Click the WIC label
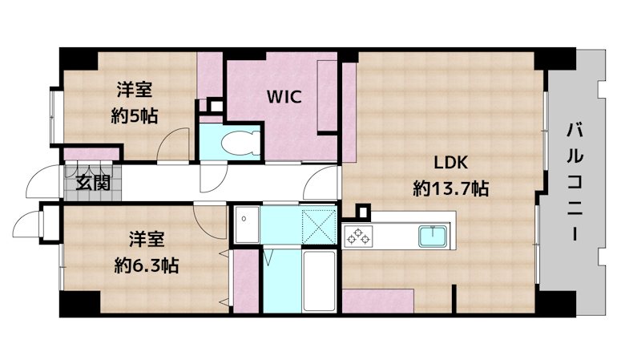tap(284, 97)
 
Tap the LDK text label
tap(450, 163)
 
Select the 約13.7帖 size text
tap(450, 188)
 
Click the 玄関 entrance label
tap(93, 184)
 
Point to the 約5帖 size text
tap(135, 116)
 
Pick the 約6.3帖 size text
tap(146, 266)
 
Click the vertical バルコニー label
tap(574, 182)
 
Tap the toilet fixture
tap(240, 144)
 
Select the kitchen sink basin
tap(433, 237)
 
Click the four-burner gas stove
tap(358, 237)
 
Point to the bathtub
tap(319, 281)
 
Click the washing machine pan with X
tap(319, 226)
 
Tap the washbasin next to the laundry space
tap(247, 225)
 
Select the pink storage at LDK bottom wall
tap(377, 301)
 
